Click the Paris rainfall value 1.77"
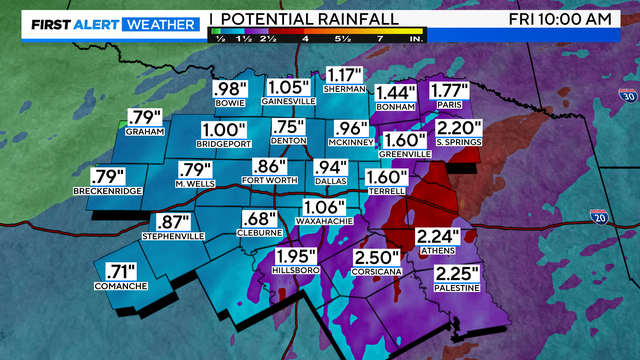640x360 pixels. (x=449, y=92)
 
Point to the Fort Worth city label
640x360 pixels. (x=269, y=180)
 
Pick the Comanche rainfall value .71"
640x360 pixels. (x=121, y=270)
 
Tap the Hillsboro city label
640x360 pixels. (x=296, y=270)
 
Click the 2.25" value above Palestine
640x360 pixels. (x=455, y=272)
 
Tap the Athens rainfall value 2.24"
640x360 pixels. (x=438, y=236)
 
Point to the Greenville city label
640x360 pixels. (x=405, y=155)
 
